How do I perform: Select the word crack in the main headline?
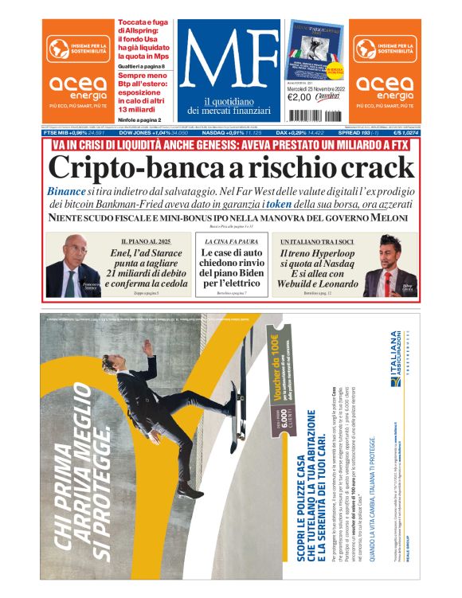(374, 167)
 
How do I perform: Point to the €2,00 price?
(299, 97)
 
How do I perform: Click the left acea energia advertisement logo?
(77, 72)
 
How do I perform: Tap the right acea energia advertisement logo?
(384, 72)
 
